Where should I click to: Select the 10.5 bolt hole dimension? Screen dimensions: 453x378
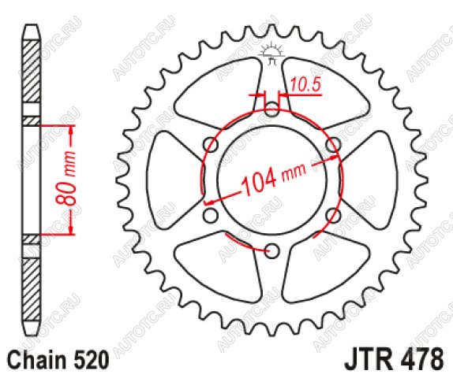pyautogui.click(x=305, y=85)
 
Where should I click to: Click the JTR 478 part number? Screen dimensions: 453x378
pyautogui.click(x=394, y=359)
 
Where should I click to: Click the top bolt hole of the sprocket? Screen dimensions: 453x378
pyautogui.click(x=271, y=109)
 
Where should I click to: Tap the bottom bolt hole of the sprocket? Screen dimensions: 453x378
pyautogui.click(x=271, y=250)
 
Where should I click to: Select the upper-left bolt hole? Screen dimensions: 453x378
pyautogui.click(x=211, y=145)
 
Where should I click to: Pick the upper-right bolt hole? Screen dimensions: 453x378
pyautogui.click(x=333, y=145)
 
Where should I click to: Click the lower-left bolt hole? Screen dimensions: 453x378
pyautogui.click(x=210, y=216)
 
